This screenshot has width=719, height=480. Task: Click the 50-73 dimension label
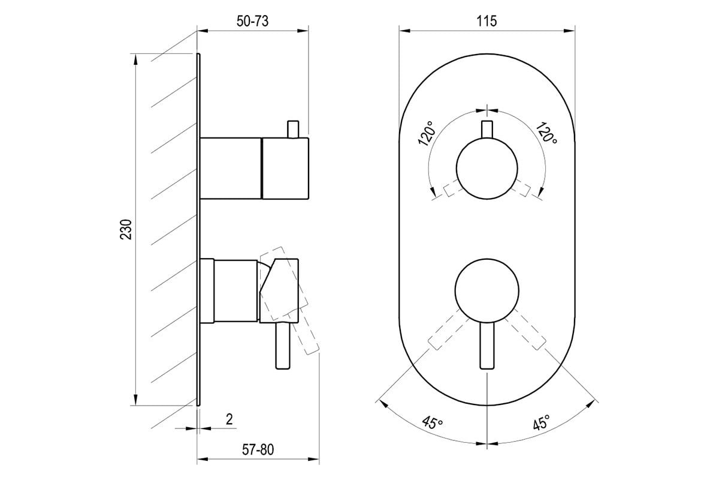[x=252, y=21]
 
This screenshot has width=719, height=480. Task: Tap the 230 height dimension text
[x=126, y=229]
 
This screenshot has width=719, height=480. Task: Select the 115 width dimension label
[x=487, y=21]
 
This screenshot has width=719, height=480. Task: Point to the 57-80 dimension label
[x=258, y=449]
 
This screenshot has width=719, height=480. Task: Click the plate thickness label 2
[x=229, y=419]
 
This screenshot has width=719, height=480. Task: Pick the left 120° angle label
[x=427, y=133]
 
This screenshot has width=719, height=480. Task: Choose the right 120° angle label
[x=546, y=133]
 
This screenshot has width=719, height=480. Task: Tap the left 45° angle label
[x=433, y=422]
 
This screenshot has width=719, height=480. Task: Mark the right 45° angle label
[x=541, y=422]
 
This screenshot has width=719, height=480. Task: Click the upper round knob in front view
[x=487, y=169]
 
